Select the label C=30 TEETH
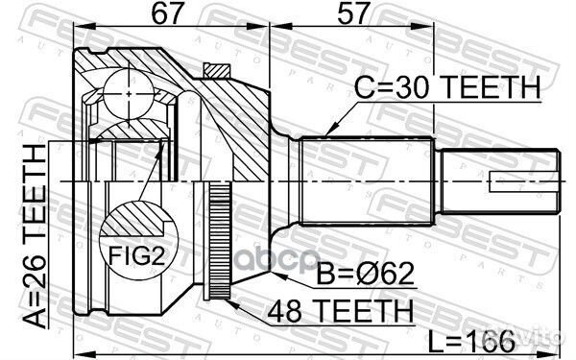pos(448,88)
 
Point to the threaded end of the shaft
pos(498,180)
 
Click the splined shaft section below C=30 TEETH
pos(370,180)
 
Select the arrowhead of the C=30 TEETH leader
pos(327,132)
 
